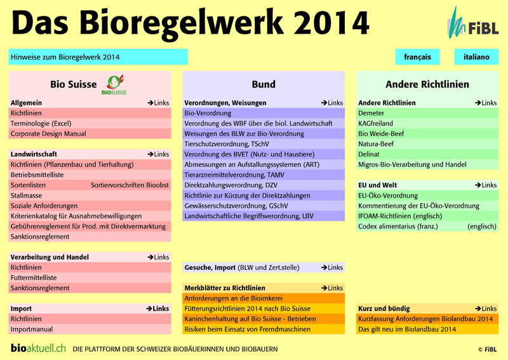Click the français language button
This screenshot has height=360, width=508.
pos(417,57)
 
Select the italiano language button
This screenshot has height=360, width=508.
pos(476,57)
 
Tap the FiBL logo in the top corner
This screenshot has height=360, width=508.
pos(472,23)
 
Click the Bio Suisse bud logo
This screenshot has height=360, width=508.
pos(115,84)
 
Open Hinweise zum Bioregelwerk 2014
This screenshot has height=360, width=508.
pos(98,57)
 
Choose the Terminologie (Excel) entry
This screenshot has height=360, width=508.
pos(41,123)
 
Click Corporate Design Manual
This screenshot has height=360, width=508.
pos(48,133)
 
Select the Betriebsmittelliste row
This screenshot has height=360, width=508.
pos(37,175)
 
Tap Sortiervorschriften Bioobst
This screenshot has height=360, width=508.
pos(130,185)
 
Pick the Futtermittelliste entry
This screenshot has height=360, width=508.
pos(34,277)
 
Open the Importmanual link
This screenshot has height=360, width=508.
pos(31,330)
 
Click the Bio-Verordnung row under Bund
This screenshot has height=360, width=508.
pos(208,113)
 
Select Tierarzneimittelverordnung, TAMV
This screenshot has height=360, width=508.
pos(234,175)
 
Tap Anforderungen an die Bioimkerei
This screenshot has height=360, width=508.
pos(233,298)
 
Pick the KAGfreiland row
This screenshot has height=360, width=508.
pos(375,123)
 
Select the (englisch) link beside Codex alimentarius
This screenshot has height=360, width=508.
pos(482,227)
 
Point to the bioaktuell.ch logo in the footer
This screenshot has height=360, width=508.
pos(38,349)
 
